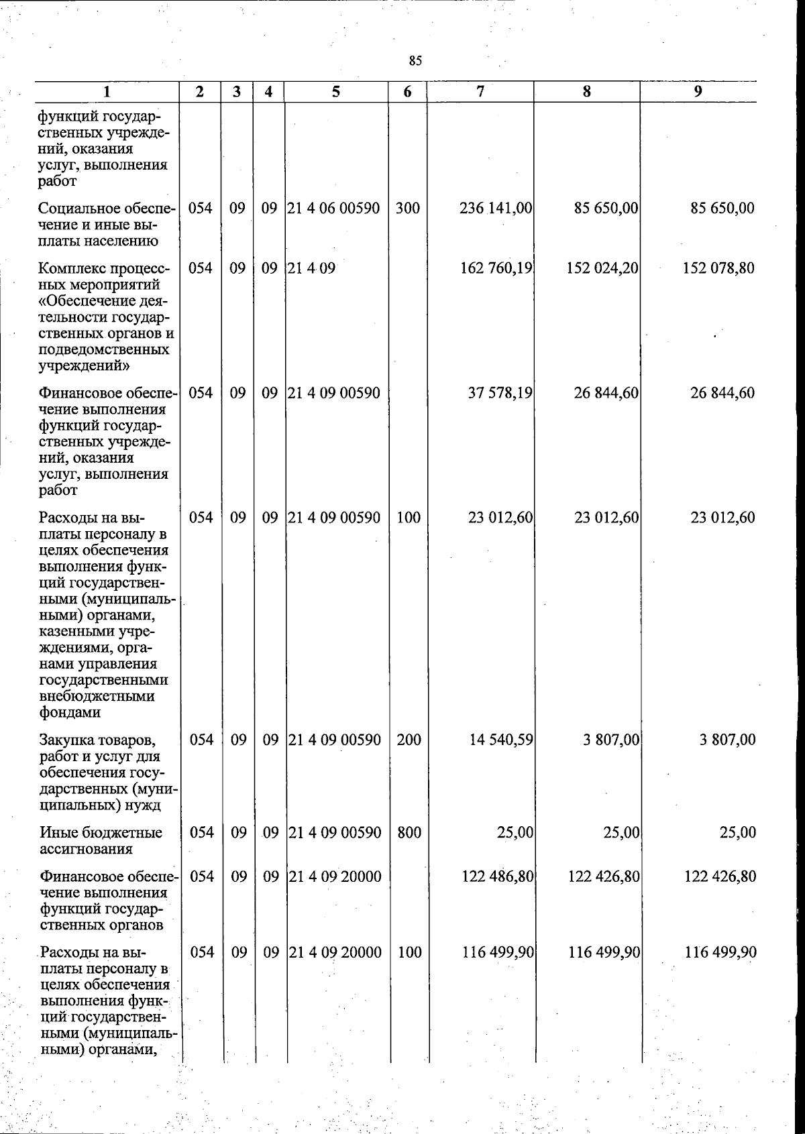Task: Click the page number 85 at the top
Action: pyautogui.click(x=415, y=61)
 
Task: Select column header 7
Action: pyautogui.click(x=480, y=92)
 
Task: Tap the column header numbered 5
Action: pyautogui.click(x=335, y=92)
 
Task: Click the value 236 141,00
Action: pyautogui.click(x=496, y=208)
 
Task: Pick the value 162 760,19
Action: pyautogui.click(x=496, y=268)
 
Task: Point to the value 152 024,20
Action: pyautogui.click(x=602, y=268)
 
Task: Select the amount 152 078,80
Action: pyautogui.click(x=718, y=268)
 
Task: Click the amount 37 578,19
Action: pyautogui.click(x=500, y=393)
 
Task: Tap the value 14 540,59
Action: pyautogui.click(x=500, y=740)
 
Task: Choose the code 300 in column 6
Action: pyautogui.click(x=408, y=208)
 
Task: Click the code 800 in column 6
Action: pyautogui.click(x=409, y=832)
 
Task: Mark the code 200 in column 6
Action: pyautogui.click(x=409, y=740)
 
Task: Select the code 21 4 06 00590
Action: pyautogui.click(x=334, y=208)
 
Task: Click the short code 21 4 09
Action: pyautogui.click(x=311, y=268)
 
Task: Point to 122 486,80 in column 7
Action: pyautogui.click(x=498, y=876)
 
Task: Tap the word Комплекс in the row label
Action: pyautogui.click(x=70, y=268)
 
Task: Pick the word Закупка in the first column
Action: pyautogui.click(x=66, y=740)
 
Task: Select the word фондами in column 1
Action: pyautogui.click(x=69, y=712)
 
